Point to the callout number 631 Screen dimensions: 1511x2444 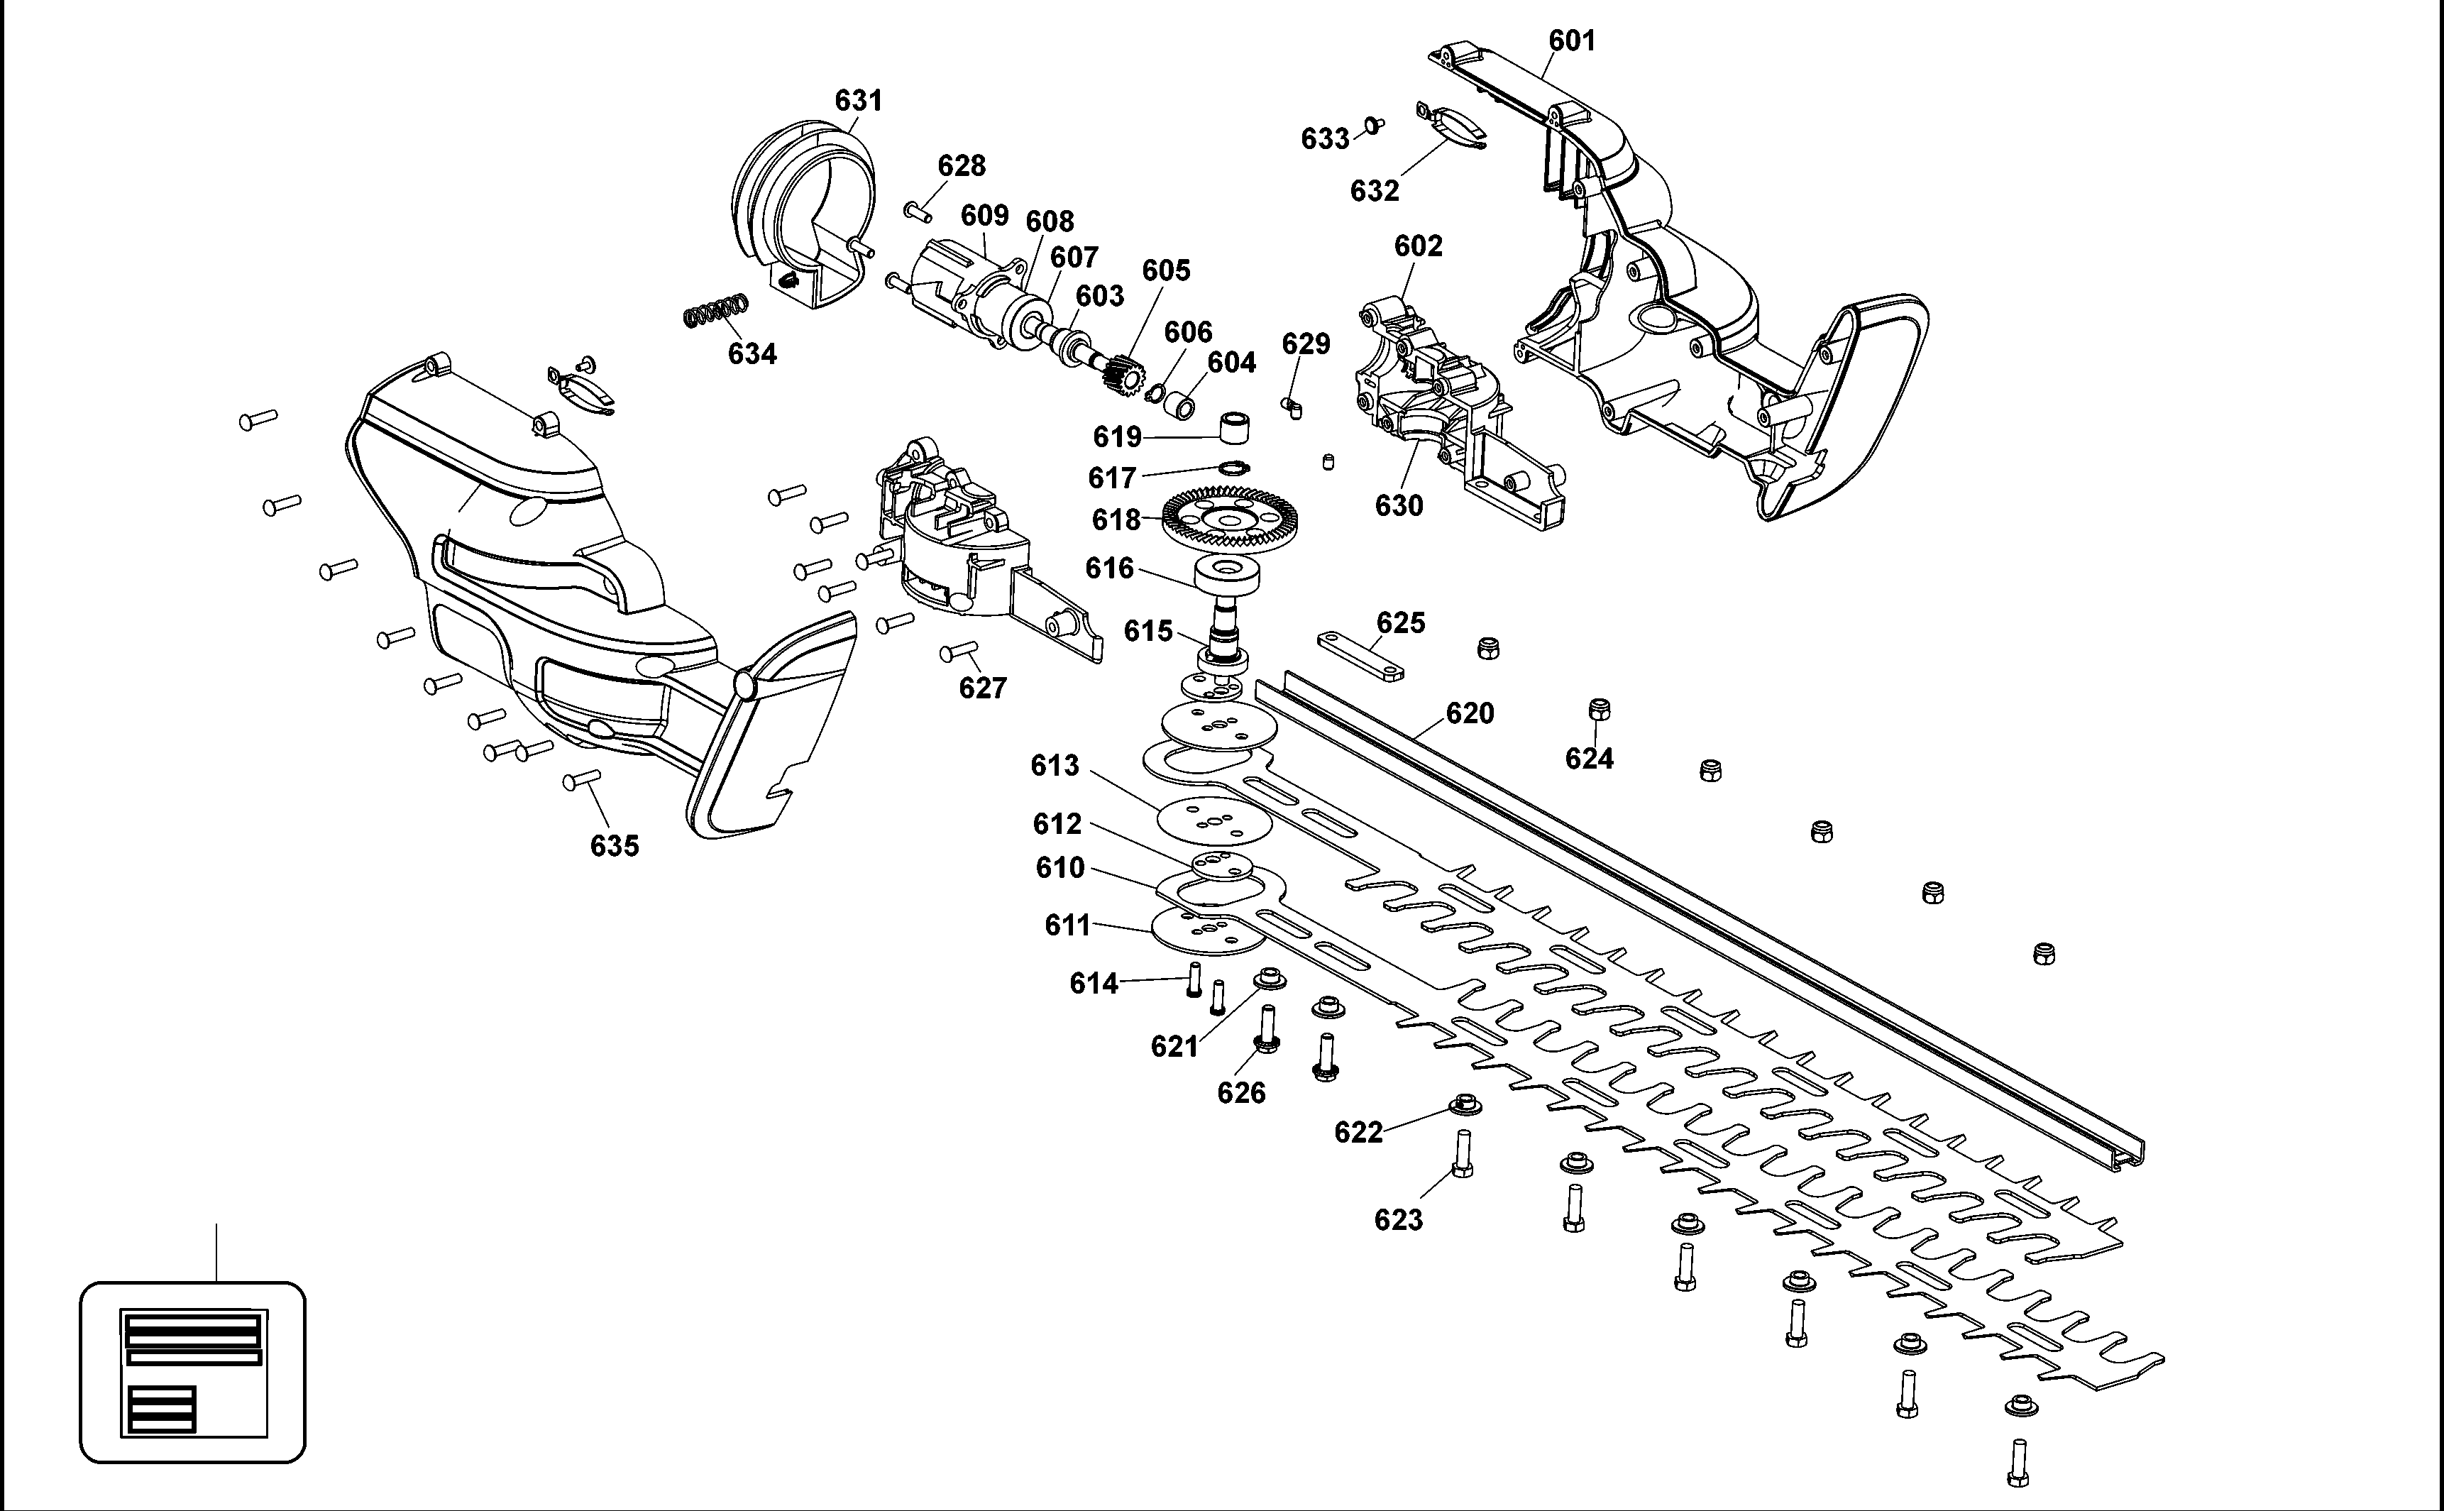tap(858, 100)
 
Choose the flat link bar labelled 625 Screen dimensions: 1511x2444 tap(1361, 656)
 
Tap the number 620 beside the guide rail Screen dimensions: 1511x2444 tap(1470, 713)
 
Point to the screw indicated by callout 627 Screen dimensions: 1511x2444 tap(958, 652)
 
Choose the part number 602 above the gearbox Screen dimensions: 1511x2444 tap(1418, 246)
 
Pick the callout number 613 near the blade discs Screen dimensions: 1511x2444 tap(1055, 766)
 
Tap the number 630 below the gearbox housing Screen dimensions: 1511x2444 tap(1398, 505)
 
